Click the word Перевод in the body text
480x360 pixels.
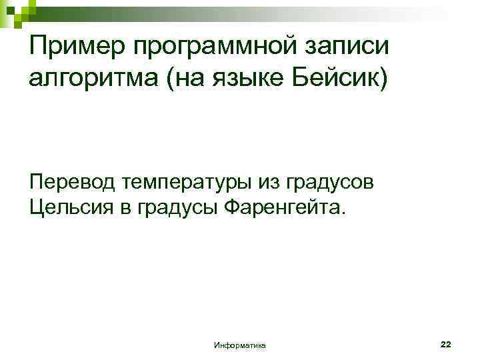(69, 181)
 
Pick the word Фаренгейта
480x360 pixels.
(281, 209)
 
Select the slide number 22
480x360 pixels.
(446, 344)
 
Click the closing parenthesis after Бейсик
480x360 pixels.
(381, 81)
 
